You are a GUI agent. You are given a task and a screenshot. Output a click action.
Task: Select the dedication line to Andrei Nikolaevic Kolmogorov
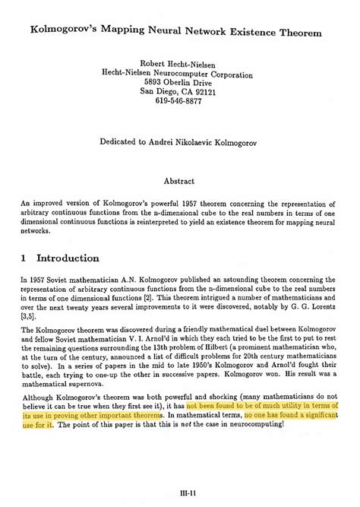pyautogui.click(x=180, y=141)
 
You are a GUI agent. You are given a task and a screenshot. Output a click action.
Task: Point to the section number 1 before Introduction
pyautogui.click(x=24, y=258)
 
